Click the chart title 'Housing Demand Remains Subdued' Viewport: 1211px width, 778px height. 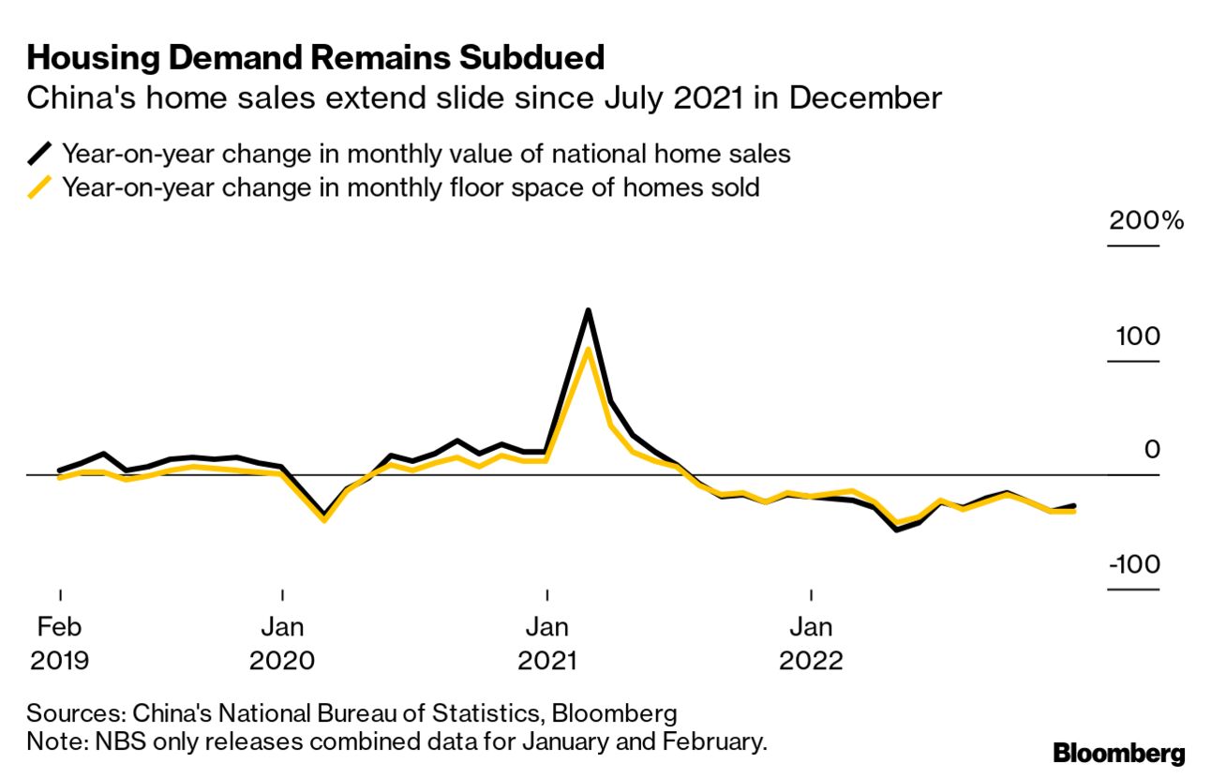tap(316, 58)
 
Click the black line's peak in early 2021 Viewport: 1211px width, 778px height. tap(588, 310)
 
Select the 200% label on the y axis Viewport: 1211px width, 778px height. tap(1146, 222)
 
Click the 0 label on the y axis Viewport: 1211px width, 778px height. tap(1152, 451)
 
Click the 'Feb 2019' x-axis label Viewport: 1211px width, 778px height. tap(60, 643)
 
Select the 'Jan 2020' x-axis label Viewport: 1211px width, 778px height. tap(282, 643)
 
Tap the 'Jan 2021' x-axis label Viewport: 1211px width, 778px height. tap(546, 643)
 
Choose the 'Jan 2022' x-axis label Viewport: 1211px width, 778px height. tap(812, 643)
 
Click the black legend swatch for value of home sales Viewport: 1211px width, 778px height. tap(40, 154)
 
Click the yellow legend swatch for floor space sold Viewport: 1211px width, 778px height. tap(40, 187)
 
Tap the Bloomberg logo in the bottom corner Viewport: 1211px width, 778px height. tap(1118, 753)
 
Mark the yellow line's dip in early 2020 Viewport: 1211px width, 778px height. tap(324, 519)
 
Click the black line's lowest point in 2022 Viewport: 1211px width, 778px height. tap(897, 530)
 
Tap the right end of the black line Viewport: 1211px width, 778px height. tap(1073, 505)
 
